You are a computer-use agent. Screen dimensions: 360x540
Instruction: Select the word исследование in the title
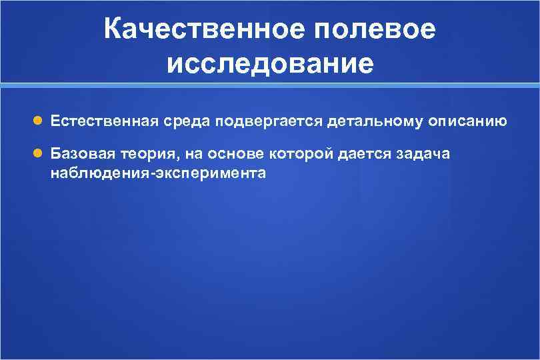tap(270, 64)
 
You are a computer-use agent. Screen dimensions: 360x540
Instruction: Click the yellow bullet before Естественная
tap(38, 121)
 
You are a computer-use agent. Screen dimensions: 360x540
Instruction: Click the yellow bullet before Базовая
tap(38, 155)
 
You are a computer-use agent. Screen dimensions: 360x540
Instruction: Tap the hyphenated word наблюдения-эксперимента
tap(158, 173)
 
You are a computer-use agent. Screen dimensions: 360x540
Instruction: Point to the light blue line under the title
tap(270, 86)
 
